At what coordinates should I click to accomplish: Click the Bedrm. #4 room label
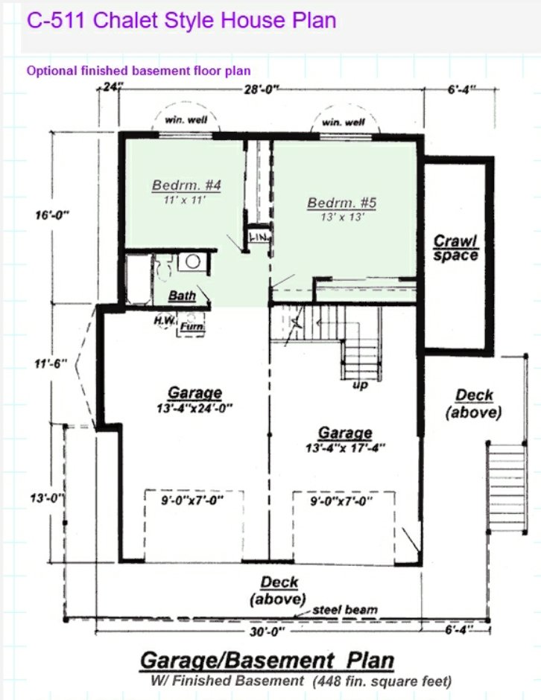click(x=180, y=185)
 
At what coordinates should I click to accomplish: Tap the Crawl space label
click(x=455, y=248)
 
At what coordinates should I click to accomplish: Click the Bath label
click(x=182, y=296)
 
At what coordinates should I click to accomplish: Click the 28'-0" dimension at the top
click(x=261, y=89)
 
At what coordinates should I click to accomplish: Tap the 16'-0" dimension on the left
click(x=51, y=215)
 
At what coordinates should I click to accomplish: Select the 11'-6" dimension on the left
click(x=51, y=364)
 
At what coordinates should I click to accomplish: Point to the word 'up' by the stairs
click(x=359, y=385)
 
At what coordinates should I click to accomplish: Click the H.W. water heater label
click(x=164, y=320)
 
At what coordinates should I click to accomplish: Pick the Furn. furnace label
click(x=191, y=325)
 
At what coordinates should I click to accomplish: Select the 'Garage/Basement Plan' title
click(x=267, y=660)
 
